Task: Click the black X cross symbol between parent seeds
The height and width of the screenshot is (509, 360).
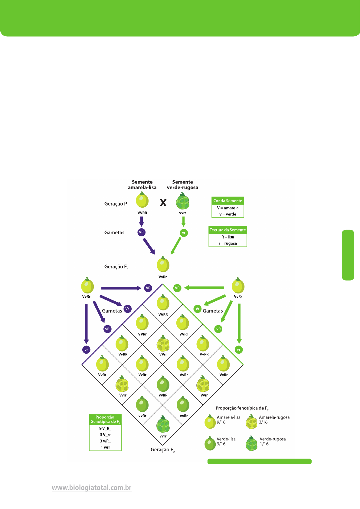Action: [163, 203]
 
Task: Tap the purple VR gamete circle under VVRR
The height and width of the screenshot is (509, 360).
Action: [141, 232]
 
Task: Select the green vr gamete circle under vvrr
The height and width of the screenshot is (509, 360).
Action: [184, 233]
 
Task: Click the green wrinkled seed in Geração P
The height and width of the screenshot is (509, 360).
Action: [183, 202]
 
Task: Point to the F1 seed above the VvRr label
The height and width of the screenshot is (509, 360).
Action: [163, 264]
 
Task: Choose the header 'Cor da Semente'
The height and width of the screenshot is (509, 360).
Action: [228, 201]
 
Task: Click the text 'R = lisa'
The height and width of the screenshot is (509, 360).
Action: [228, 237]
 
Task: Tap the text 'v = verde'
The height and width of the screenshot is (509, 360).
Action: [228, 214]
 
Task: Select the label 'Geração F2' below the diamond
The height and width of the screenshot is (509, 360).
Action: [163, 450]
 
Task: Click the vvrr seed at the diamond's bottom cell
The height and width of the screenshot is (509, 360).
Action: [163, 424]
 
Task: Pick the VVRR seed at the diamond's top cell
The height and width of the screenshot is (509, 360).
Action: [163, 303]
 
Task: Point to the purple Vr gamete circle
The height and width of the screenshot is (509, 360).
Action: [127, 309]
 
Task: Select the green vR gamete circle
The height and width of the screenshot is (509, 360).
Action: [218, 329]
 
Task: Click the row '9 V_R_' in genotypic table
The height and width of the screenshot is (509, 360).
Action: [105, 428]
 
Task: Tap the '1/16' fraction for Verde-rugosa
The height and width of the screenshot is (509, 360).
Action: [264, 444]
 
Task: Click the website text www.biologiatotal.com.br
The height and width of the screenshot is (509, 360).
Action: [92, 488]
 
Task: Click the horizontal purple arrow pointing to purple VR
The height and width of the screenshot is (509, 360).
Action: [121, 288]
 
